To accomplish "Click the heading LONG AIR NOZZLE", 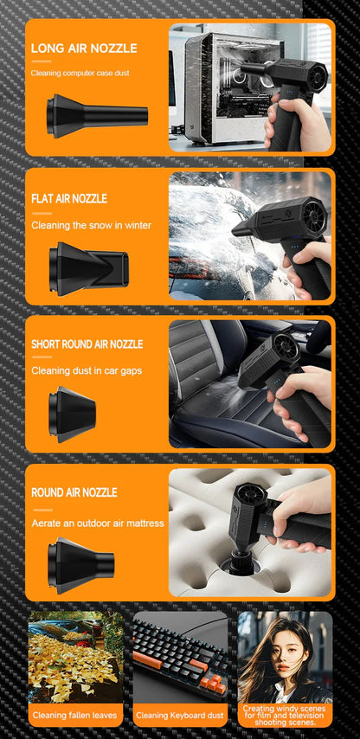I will pyautogui.click(x=84, y=48).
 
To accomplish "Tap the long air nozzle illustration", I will pyautogui.click(x=96, y=115).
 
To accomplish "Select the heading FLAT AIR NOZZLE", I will pyautogui.click(x=69, y=198).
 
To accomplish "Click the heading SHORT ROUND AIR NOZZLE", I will pyautogui.click(x=87, y=344).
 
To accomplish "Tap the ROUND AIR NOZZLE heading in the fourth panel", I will pyautogui.click(x=74, y=492).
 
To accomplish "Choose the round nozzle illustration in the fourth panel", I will pyautogui.click(x=80, y=563).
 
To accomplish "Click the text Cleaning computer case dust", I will pyautogui.click(x=80, y=74).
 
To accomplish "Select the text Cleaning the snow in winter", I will pyautogui.click(x=91, y=225).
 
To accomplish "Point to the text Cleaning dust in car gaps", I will pyautogui.click(x=87, y=370).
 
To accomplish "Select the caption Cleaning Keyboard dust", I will pyautogui.click(x=180, y=716).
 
